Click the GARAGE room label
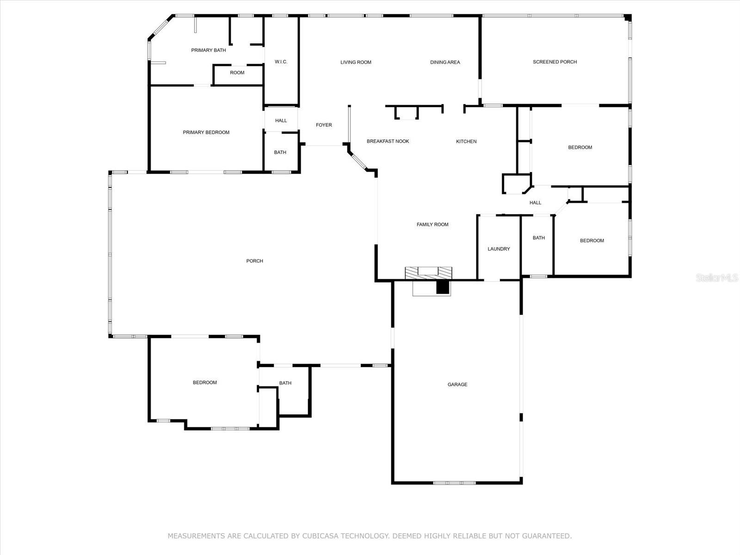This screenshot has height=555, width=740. pyautogui.click(x=457, y=384)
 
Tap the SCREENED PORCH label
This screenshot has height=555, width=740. pyautogui.click(x=555, y=62)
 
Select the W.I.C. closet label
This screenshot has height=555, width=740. pyautogui.click(x=281, y=62)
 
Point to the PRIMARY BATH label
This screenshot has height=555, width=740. pyautogui.click(x=208, y=50)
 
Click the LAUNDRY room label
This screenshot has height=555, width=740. pyautogui.click(x=499, y=249)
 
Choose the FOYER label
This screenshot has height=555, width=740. pyautogui.click(x=324, y=125)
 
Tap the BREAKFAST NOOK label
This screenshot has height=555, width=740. pyautogui.click(x=388, y=142)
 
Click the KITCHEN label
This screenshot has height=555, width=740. pyautogui.click(x=466, y=142)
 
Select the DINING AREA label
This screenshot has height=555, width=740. pyautogui.click(x=445, y=62)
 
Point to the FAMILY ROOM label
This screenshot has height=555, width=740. pyautogui.click(x=432, y=225)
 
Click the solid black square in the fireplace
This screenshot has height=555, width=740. pyautogui.click(x=443, y=287)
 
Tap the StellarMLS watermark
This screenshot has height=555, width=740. pyautogui.click(x=717, y=278)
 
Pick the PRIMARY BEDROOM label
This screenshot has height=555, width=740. pyautogui.click(x=206, y=133)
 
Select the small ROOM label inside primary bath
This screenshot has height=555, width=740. pyautogui.click(x=237, y=73)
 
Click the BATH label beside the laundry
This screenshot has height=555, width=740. pyautogui.click(x=539, y=238)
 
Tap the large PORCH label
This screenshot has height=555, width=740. pyautogui.click(x=254, y=261)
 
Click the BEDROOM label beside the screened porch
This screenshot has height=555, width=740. pyautogui.click(x=580, y=148)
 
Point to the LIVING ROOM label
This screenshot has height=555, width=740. pyautogui.click(x=356, y=62)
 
